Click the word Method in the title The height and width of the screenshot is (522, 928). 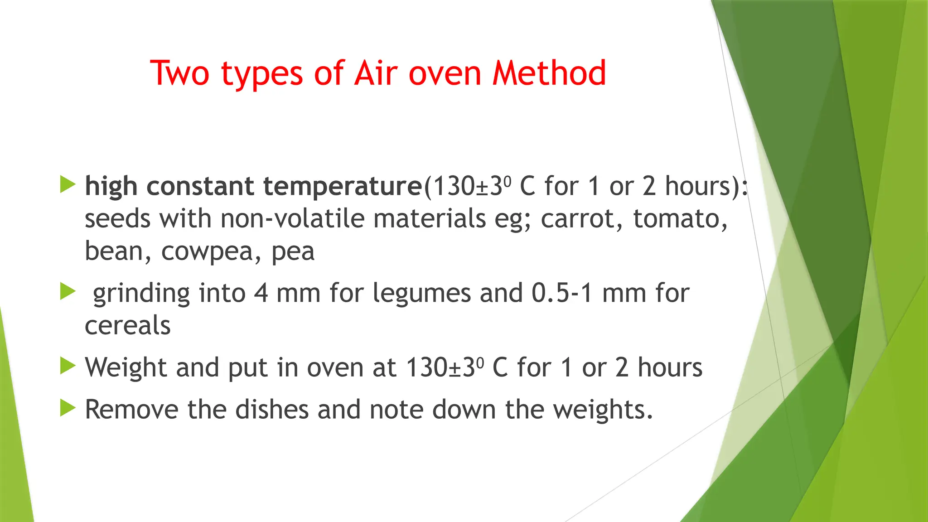(549, 73)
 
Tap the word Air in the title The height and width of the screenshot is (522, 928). (376, 73)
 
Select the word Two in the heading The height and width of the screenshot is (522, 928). (179, 73)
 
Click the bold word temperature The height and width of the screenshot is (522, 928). (343, 186)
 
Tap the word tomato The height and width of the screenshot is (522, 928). (680, 219)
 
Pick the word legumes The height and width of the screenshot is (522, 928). (422, 293)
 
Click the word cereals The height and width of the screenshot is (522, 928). (128, 326)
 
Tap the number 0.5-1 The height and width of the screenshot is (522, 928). (562, 293)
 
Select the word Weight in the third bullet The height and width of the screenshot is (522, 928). (126, 367)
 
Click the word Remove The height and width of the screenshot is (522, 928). (131, 410)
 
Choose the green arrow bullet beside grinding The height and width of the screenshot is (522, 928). (68, 291)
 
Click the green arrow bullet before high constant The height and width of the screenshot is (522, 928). (68, 184)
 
